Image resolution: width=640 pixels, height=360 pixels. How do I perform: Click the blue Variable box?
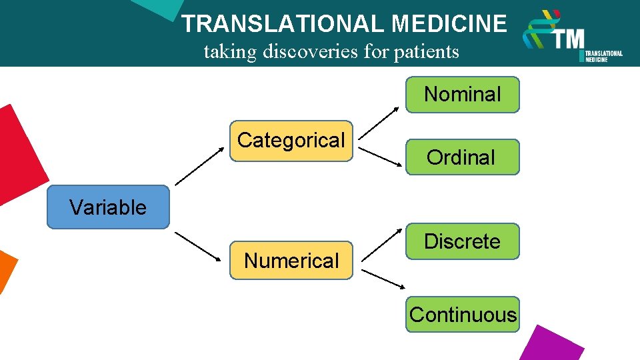pyautogui.click(x=108, y=207)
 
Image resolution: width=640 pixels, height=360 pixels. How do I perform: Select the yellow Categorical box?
pyautogui.click(x=291, y=141)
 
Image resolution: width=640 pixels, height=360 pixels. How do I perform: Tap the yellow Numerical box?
pyautogui.click(x=291, y=260)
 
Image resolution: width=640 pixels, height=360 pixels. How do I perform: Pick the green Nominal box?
pyautogui.click(x=462, y=95)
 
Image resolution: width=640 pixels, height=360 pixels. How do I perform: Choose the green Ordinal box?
pyautogui.click(x=462, y=157)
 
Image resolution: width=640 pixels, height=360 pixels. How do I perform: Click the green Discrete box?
pyautogui.click(x=462, y=241)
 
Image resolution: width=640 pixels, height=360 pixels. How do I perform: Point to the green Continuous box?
pyautogui.click(x=463, y=315)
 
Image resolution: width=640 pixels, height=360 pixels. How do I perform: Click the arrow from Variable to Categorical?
pyautogui.click(x=200, y=166)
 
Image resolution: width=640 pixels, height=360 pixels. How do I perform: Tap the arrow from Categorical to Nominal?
pyautogui.click(x=381, y=122)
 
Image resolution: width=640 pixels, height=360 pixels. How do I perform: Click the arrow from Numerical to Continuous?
pyautogui.click(x=382, y=280)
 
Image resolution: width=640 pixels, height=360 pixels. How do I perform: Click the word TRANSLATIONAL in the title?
pyautogui.click(x=283, y=24)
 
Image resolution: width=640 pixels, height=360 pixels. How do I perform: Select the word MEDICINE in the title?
pyautogui.click(x=449, y=24)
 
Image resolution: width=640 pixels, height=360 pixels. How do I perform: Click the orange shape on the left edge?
pyautogui.click(x=7, y=270)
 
